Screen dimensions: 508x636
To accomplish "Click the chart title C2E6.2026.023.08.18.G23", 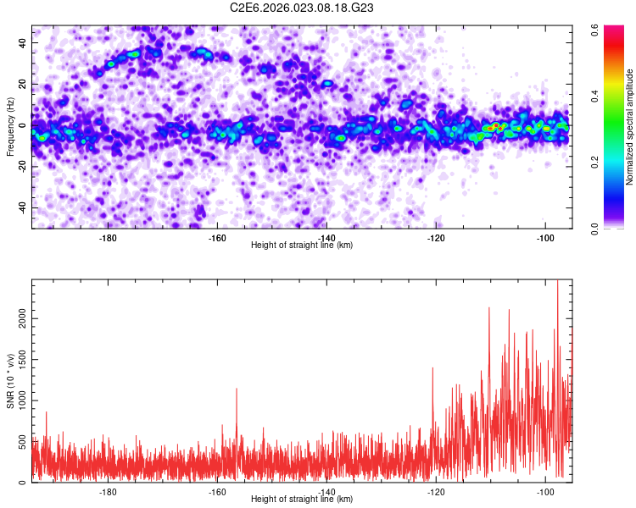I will pos(302,8).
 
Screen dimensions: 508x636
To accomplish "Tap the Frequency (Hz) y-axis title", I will pos(10,127).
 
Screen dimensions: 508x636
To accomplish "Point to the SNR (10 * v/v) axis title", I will pos(10,381).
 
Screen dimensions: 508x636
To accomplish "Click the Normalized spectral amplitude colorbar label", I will pos(629,127).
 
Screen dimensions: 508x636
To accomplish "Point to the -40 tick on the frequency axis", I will pos(20,207).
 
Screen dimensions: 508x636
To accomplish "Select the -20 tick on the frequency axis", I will pos(20,166).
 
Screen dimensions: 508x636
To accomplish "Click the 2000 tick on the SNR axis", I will pos(17,318).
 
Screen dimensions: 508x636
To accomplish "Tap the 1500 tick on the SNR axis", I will pos(17,359).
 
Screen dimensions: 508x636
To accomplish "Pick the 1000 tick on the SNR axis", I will pos(17,400).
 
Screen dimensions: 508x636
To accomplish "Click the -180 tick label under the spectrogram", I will pos(108,237).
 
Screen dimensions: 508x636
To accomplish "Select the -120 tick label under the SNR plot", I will pos(436,491).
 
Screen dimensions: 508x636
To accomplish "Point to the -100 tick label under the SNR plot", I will pos(544,491).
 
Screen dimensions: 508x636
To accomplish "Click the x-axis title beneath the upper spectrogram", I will pos(302,246).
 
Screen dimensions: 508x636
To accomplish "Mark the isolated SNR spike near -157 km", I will pos(237,389).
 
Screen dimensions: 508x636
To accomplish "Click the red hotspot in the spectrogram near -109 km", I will pos(498,127).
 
